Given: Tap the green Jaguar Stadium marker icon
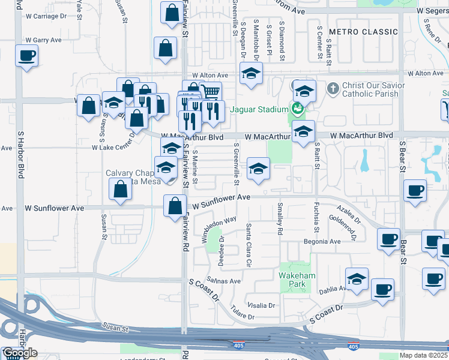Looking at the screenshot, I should click(x=296, y=109).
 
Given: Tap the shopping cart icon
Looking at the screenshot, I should click(x=210, y=91).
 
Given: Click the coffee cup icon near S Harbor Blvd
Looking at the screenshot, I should click(x=27, y=56).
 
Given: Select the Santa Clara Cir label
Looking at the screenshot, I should click(x=248, y=245).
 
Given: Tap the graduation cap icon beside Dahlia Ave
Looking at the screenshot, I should click(x=357, y=278).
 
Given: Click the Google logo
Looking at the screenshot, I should click(x=20, y=353).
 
